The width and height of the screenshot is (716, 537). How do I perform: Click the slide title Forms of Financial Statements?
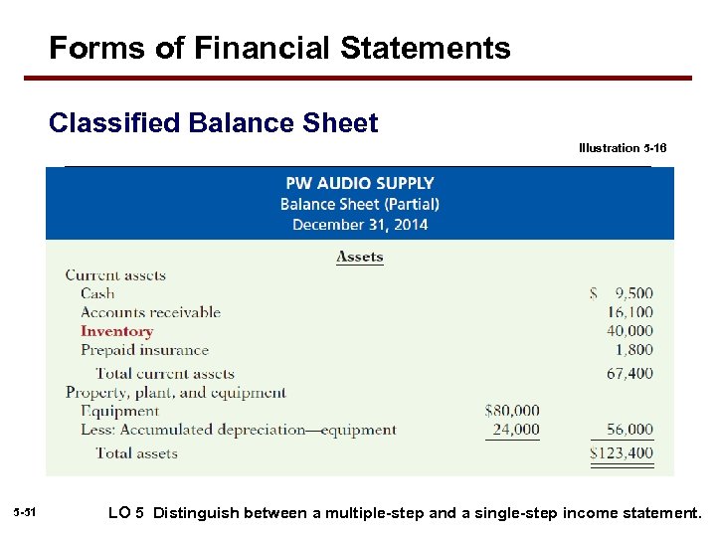(279, 48)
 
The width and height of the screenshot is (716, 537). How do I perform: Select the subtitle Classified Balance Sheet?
(213, 123)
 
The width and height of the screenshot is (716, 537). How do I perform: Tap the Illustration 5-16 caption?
(623, 148)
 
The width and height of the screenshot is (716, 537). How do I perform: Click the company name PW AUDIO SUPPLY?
(359, 183)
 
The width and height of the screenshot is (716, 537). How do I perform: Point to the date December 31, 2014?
(359, 225)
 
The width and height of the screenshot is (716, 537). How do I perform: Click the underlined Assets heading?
(359, 257)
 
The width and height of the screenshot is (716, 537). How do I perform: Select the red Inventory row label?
(116, 331)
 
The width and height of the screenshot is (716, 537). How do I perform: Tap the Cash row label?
(97, 293)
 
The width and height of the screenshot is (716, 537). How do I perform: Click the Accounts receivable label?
(150, 312)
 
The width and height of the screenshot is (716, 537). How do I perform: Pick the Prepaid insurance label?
(144, 350)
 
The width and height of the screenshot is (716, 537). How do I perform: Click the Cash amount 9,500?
(632, 293)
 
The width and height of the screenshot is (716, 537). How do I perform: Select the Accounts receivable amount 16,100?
(629, 312)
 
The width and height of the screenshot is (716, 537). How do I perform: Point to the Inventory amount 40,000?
(629, 331)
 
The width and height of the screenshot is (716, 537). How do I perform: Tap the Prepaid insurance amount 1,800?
(634, 350)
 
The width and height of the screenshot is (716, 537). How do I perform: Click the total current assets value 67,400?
(629, 373)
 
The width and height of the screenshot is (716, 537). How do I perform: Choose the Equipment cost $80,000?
(512, 410)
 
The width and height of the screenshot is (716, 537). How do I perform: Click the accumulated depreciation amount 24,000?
(516, 430)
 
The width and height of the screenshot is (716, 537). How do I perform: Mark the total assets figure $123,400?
(622, 453)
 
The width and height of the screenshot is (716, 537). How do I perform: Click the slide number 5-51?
(26, 512)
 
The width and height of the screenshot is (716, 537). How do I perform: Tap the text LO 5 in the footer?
(125, 513)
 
